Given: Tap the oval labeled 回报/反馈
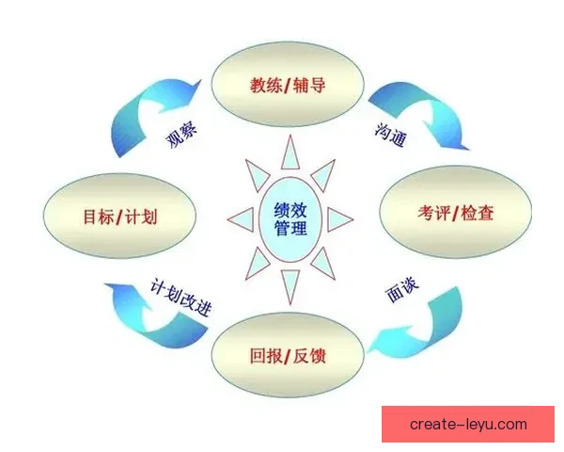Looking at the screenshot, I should click(x=291, y=356).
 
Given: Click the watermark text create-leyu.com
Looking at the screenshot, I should click(x=469, y=425).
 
